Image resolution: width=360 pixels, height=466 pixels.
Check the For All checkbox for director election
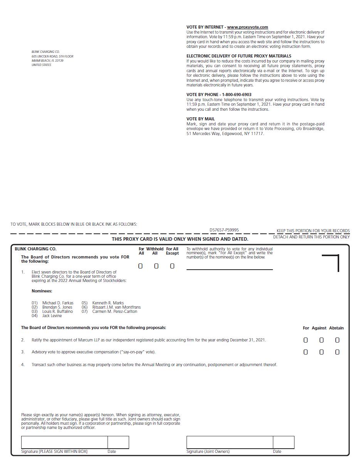(140, 266)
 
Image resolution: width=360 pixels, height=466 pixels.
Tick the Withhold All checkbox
(156, 266)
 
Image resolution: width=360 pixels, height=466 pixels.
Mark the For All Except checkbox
(172, 266)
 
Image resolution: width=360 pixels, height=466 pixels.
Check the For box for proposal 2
(306, 340)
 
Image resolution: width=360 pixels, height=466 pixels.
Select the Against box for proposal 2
(321, 340)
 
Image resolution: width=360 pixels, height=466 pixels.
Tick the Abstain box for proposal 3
(337, 352)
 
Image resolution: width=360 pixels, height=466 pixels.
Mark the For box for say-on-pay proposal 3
(306, 352)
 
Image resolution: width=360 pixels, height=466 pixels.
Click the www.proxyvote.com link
(247, 27)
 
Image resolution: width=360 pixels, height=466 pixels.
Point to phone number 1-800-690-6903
(237, 95)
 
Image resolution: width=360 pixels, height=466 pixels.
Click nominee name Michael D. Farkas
(58, 303)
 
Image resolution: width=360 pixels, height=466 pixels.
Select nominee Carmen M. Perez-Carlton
(114, 311)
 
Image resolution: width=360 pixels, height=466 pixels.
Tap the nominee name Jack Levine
(52, 316)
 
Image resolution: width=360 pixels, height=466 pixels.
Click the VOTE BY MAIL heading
(200, 119)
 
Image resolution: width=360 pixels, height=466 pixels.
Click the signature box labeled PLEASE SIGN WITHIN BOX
(64, 442)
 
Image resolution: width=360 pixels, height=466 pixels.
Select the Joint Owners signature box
(230, 442)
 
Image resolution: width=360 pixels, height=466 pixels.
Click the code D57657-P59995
(224, 230)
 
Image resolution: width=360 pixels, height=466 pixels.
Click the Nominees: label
(42, 291)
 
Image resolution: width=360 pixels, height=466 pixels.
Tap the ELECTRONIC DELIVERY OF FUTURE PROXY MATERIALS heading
(239, 56)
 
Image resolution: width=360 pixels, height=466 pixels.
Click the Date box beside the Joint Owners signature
(283, 442)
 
